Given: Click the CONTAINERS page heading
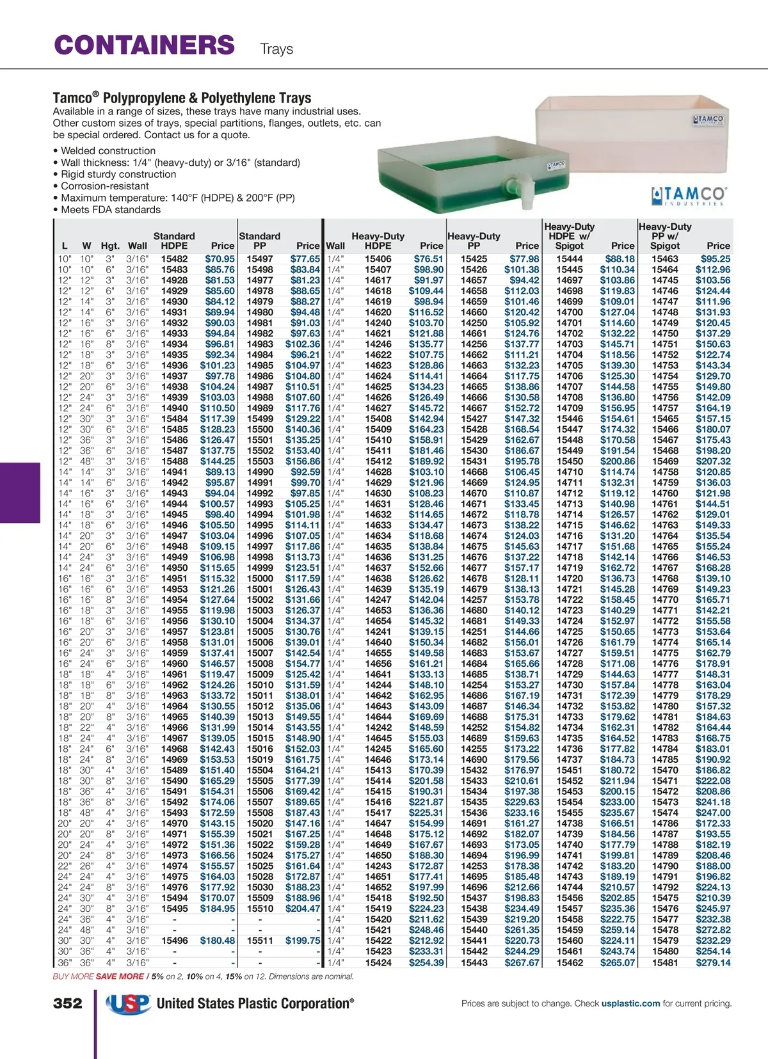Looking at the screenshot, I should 145,45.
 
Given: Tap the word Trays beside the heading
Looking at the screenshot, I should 276,49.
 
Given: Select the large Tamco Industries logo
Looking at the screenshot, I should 689,195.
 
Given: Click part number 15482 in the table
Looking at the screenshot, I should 174,259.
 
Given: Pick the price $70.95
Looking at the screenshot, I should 220,259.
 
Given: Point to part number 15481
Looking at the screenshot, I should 665,962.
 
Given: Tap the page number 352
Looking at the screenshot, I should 68,1003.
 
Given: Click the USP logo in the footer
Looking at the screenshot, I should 128,1003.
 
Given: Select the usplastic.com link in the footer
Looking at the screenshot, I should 630,1003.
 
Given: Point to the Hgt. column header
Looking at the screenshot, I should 110,246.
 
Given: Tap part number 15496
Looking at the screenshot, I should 174,941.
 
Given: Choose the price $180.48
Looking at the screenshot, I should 218,941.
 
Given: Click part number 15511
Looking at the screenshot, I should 260,941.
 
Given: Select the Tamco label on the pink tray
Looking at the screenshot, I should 708,120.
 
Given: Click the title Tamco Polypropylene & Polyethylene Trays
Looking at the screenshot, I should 182,98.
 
